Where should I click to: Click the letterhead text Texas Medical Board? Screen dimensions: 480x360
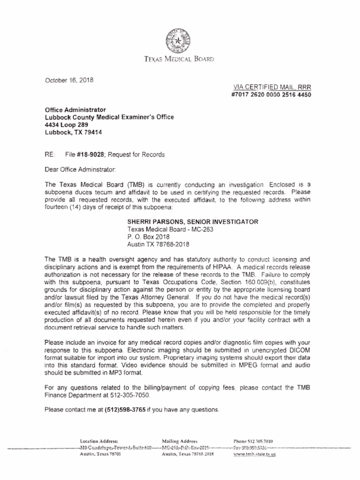point(179,60)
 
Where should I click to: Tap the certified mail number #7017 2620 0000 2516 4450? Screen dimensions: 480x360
point(271,95)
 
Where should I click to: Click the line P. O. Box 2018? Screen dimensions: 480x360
point(148,237)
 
